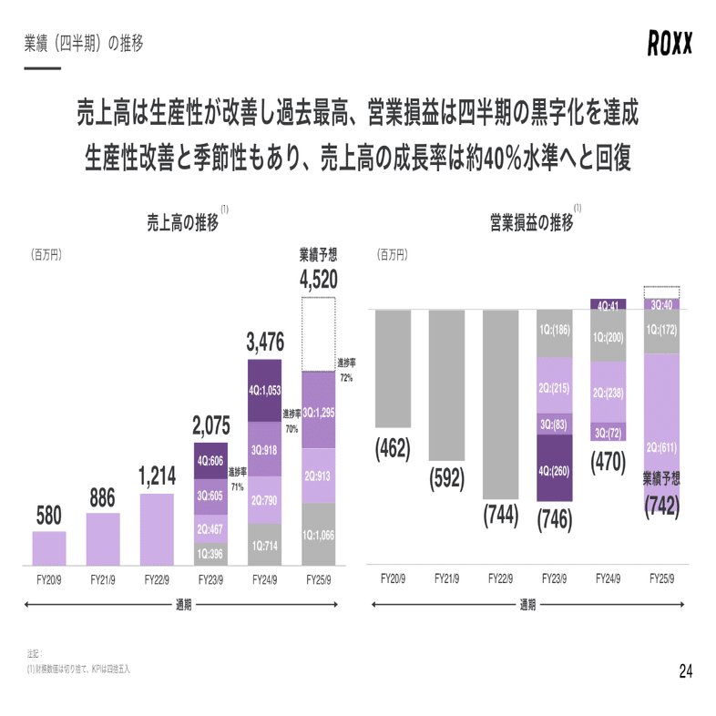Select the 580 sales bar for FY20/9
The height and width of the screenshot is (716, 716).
49,548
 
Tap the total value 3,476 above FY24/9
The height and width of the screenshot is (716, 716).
265,343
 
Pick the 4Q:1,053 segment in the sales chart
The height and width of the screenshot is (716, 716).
265,390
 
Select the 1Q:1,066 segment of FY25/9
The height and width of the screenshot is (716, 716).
318,534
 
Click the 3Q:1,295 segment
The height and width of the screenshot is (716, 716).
318,412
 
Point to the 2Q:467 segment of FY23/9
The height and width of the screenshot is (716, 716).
210,528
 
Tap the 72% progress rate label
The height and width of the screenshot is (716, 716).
346,370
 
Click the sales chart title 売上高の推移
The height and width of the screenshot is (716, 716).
183,223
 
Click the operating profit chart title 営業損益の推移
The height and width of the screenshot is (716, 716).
531,223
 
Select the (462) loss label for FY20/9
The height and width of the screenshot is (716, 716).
393,448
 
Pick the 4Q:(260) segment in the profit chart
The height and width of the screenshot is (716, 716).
554,469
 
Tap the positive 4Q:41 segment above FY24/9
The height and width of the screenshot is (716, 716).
608,304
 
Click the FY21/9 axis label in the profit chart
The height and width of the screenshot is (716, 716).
446,578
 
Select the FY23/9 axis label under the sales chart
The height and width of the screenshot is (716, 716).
210,578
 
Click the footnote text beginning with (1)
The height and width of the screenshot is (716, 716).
78,669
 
